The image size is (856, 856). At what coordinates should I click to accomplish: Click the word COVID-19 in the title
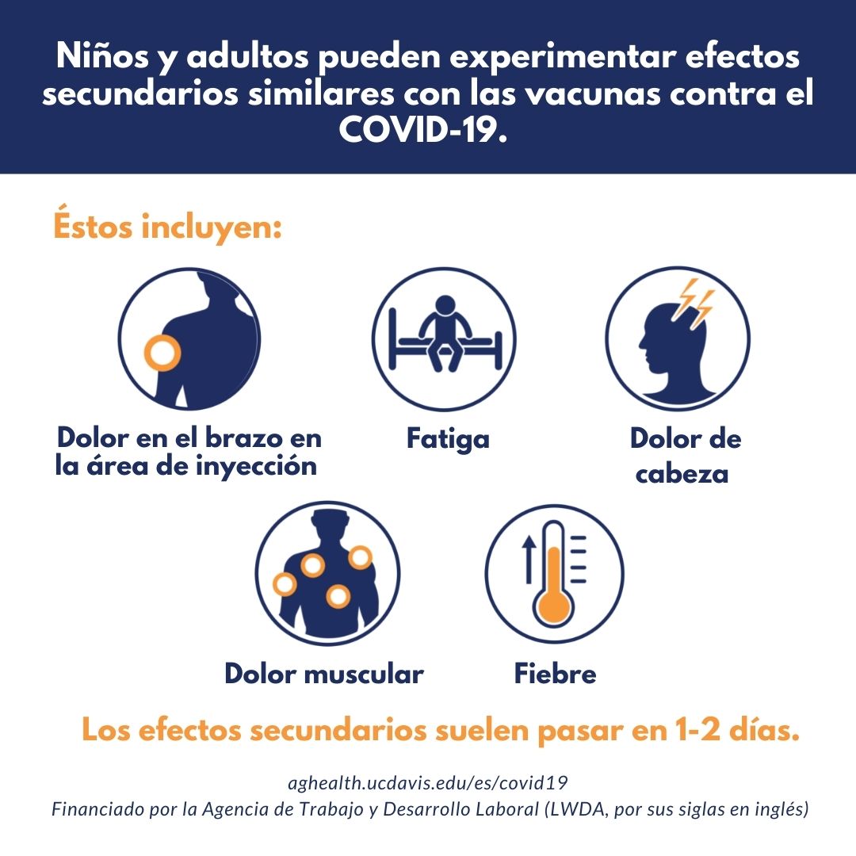423,129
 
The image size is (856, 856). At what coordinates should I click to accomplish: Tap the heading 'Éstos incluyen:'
167,225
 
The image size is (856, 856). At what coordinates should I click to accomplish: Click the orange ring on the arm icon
162,352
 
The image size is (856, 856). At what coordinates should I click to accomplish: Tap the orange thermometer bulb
553,606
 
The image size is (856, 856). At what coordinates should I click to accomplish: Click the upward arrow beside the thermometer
528,559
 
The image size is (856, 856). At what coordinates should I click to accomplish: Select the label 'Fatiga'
448,439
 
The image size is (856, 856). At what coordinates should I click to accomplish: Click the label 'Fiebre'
555,673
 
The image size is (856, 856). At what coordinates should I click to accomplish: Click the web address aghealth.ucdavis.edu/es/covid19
427,783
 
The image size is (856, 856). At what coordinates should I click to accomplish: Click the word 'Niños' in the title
102,55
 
